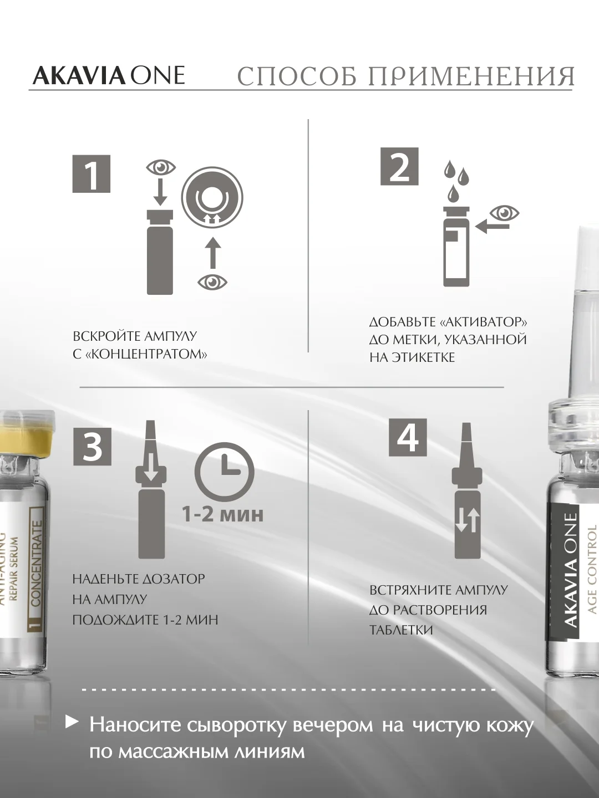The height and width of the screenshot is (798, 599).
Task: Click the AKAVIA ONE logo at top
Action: (x=108, y=75)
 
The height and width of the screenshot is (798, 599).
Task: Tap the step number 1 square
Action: (x=92, y=173)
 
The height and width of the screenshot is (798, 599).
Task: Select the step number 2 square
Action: (x=399, y=166)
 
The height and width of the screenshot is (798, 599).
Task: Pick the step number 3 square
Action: (x=93, y=447)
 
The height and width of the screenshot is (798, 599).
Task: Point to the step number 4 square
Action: (x=408, y=437)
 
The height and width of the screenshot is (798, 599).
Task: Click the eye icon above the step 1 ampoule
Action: (x=161, y=167)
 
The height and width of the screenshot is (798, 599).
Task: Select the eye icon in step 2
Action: (x=505, y=213)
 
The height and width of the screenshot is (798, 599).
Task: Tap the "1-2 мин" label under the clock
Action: (x=222, y=514)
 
